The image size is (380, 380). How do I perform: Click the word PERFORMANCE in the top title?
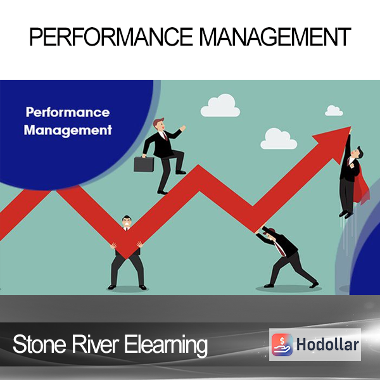click(x=111, y=37)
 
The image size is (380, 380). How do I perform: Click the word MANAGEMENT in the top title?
click(x=275, y=37)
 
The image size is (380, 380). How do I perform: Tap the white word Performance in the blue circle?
click(x=68, y=113)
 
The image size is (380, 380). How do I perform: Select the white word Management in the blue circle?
click(x=68, y=130)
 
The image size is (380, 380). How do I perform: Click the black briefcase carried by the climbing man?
click(x=144, y=164)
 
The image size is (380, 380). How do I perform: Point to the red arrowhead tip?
click(x=350, y=127)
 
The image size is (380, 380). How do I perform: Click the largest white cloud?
click(x=220, y=106)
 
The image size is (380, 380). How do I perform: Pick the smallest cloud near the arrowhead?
click(x=334, y=111)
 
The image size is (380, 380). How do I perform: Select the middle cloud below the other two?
click(x=279, y=139)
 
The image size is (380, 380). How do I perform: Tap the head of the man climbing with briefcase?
click(x=159, y=125)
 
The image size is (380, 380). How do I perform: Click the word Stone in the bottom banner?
click(x=39, y=344)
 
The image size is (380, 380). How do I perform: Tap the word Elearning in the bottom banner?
click(x=166, y=345)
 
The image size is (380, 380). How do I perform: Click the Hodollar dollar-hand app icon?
click(x=282, y=345)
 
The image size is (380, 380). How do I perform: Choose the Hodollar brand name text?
click(x=327, y=345)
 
